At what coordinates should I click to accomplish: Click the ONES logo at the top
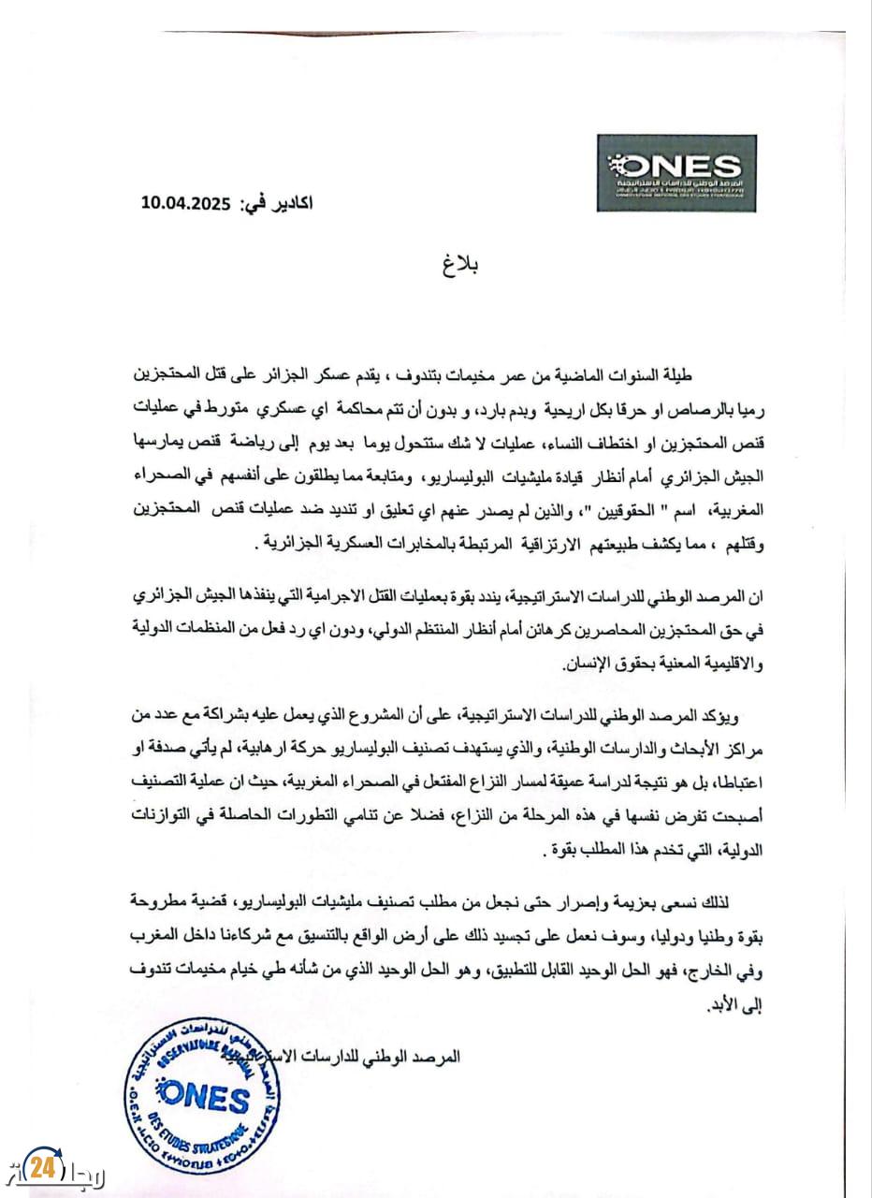(676, 172)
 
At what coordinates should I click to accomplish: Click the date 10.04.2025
(185, 201)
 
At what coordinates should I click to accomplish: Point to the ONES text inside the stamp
(205, 1097)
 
